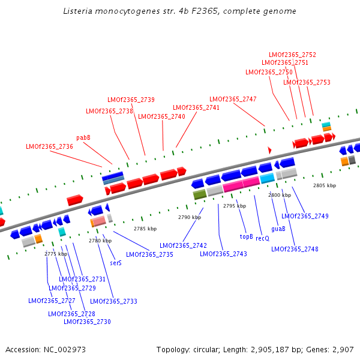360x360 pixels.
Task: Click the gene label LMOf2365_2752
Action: coord(292,55)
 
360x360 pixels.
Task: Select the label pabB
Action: coord(83,137)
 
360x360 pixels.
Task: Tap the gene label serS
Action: coord(116,263)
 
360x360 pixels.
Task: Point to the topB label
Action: coord(247,236)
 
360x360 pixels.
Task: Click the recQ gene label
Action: coord(262,238)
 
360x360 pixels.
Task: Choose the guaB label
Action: coord(278,229)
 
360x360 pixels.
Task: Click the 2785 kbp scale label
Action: coord(145,229)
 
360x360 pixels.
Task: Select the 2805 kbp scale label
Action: coord(325,185)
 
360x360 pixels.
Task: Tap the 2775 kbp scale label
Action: coord(56,254)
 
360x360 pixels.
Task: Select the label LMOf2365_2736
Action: coord(49,146)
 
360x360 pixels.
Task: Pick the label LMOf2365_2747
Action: coord(233,99)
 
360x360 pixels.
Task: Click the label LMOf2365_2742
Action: coord(183,245)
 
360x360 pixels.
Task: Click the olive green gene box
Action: coord(200,194)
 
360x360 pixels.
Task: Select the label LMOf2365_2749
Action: coord(304,216)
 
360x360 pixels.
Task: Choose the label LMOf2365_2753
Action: coord(307,82)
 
